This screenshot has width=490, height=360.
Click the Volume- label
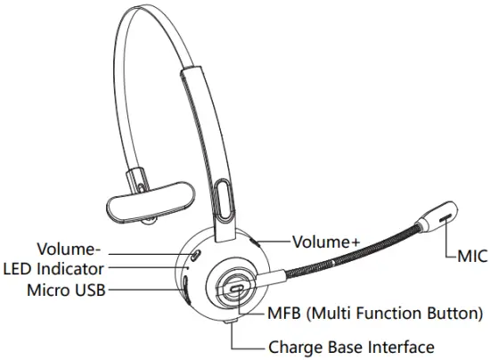pyautogui.click(x=68, y=248)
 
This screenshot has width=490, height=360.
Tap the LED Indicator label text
pyautogui.click(x=54, y=267)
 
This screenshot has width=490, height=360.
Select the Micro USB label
pyautogui.click(x=65, y=289)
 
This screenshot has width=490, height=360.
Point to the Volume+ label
pyautogui.click(x=326, y=241)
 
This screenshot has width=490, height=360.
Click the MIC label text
pyautogui.click(x=471, y=257)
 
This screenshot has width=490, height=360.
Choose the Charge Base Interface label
pyautogui.click(x=351, y=347)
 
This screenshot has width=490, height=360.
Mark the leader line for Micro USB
pyautogui.click(x=142, y=289)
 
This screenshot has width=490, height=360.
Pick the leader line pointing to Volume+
pyautogui.click(x=273, y=241)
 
